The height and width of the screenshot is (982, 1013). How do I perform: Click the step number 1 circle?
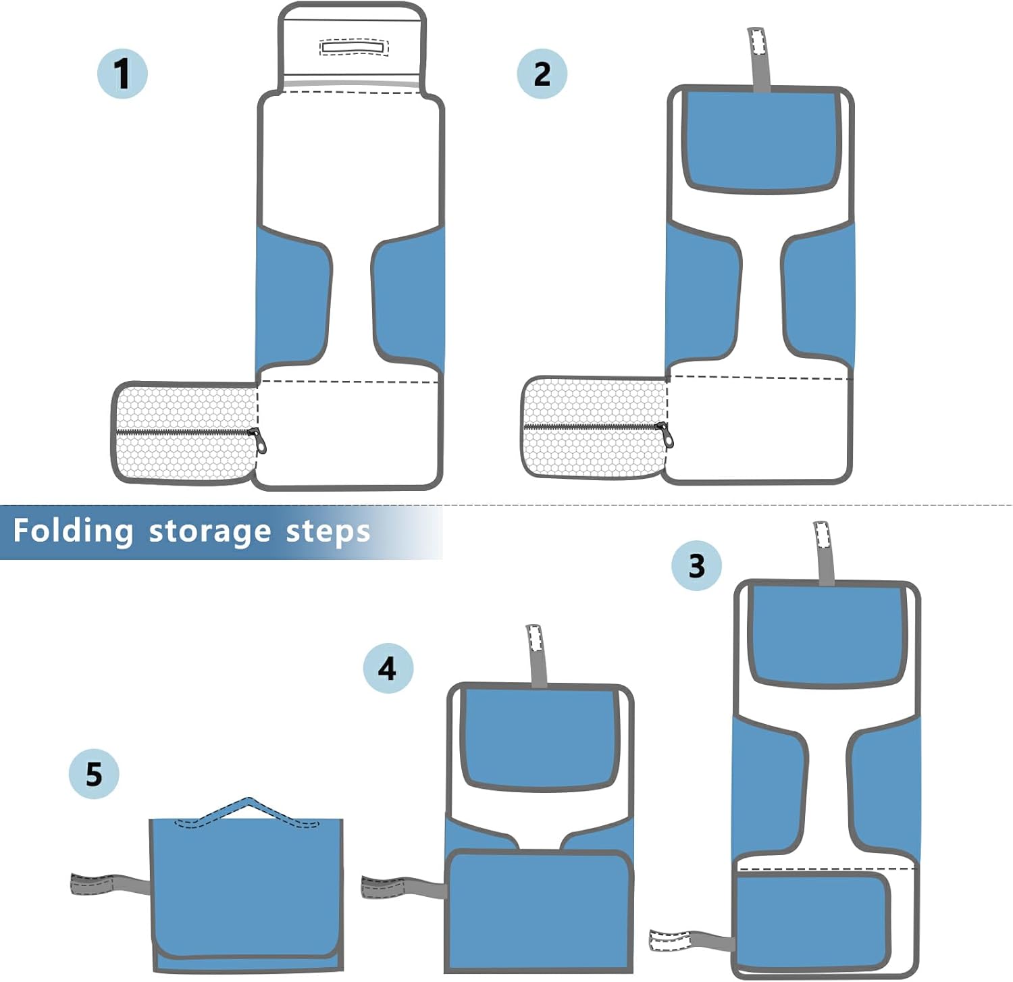tap(122, 74)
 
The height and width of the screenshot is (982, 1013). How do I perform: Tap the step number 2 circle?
tap(542, 74)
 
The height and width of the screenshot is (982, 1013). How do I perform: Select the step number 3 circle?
tap(696, 565)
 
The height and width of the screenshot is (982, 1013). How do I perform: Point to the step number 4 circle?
tap(388, 668)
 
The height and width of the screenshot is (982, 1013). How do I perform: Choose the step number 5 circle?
tap(94, 774)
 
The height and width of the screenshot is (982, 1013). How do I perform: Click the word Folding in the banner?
tap(73, 531)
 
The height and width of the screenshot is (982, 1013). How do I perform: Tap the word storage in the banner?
tap(210, 532)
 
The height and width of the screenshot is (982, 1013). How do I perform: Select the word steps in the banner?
tap(328, 532)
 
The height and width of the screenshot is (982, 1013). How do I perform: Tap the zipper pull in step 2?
tap(667, 436)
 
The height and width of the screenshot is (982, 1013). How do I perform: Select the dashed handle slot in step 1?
tap(354, 47)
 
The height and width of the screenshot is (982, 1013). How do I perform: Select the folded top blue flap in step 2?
tap(761, 140)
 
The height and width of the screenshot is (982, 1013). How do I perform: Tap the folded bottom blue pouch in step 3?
tap(812, 919)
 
